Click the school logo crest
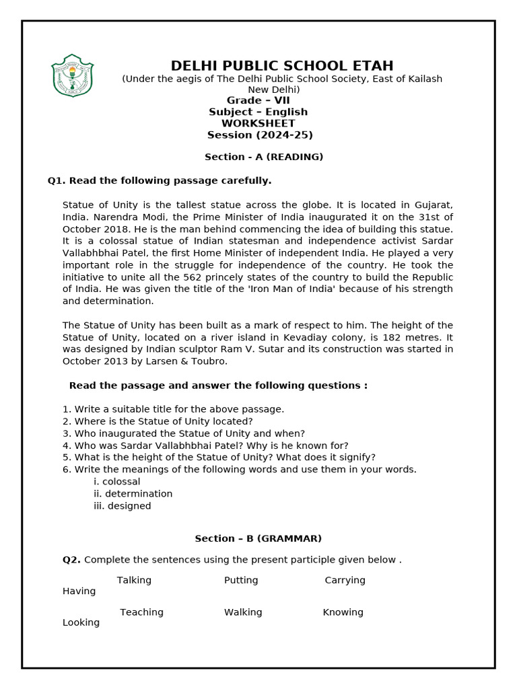(73, 75)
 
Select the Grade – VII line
(258, 101)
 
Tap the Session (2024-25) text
(260, 135)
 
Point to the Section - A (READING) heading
(264, 157)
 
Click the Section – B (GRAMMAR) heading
(258, 539)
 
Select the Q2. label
(71, 560)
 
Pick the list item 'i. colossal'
(117, 482)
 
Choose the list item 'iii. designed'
(122, 506)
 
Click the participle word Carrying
(345, 581)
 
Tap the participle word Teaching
(141, 612)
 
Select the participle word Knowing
(343, 612)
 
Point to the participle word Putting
(241, 581)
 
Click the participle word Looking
(81, 623)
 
